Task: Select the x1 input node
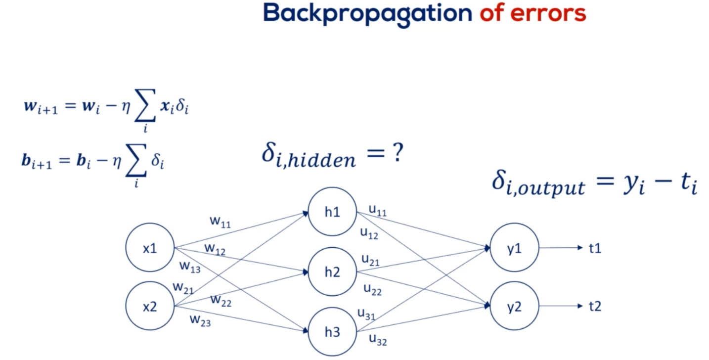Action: (150, 248)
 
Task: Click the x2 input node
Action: (150, 307)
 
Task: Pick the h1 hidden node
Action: (332, 213)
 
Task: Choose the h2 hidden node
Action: (332, 272)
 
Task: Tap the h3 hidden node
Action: (332, 332)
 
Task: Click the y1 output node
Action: (514, 248)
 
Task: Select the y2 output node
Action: (514, 307)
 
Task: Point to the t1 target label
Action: (595, 248)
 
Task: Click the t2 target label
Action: (595, 307)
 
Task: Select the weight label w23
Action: (201, 320)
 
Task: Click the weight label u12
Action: (369, 233)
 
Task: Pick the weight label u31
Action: (366, 314)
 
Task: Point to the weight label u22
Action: (372, 289)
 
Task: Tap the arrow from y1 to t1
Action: (561, 248)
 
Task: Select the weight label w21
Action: (183, 287)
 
